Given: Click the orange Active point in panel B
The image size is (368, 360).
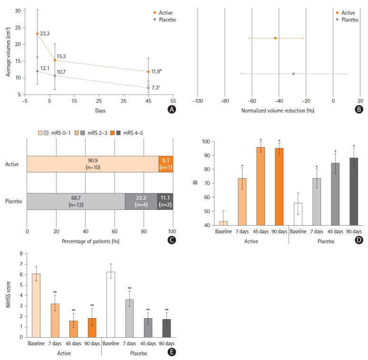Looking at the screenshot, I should [x=275, y=38].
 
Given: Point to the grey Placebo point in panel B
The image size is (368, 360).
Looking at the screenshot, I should [x=293, y=74].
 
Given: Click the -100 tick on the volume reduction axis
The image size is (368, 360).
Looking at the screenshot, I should [x=197, y=101].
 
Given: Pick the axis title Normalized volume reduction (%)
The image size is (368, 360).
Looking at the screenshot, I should [x=278, y=111].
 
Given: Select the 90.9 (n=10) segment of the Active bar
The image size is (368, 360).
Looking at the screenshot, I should [x=93, y=164].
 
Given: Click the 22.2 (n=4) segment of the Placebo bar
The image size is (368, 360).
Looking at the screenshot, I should [x=141, y=201].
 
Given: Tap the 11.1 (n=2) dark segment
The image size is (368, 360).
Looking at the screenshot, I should [x=165, y=201].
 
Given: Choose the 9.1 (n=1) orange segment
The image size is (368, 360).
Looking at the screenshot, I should [x=166, y=164].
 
